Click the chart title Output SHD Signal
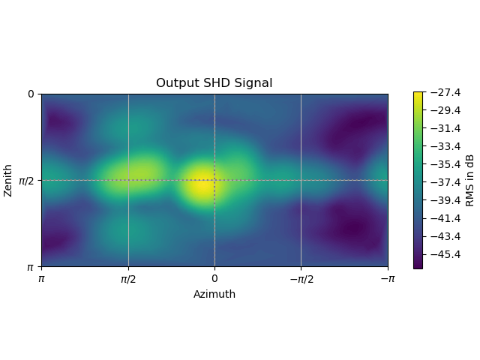[x=214, y=83]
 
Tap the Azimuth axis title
[x=214, y=295]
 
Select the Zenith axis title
[x=8, y=180]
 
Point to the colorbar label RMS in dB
[x=470, y=180]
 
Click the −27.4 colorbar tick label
[x=445, y=92]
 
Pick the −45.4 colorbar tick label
[x=445, y=254]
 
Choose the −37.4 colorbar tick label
[x=445, y=182]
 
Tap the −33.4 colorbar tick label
[x=445, y=146]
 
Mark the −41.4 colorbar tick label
[x=445, y=218]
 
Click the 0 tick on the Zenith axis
[x=31, y=94]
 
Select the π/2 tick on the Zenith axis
[x=26, y=180]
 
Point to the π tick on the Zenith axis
[x=31, y=267]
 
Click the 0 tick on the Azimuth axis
[x=214, y=279]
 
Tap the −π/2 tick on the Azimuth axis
[x=301, y=279]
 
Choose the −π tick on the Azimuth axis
[x=387, y=279]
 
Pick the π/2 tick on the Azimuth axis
[x=128, y=279]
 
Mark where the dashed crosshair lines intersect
[x=214, y=180]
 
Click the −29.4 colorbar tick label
[x=445, y=110]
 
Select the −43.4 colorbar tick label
[x=445, y=236]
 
